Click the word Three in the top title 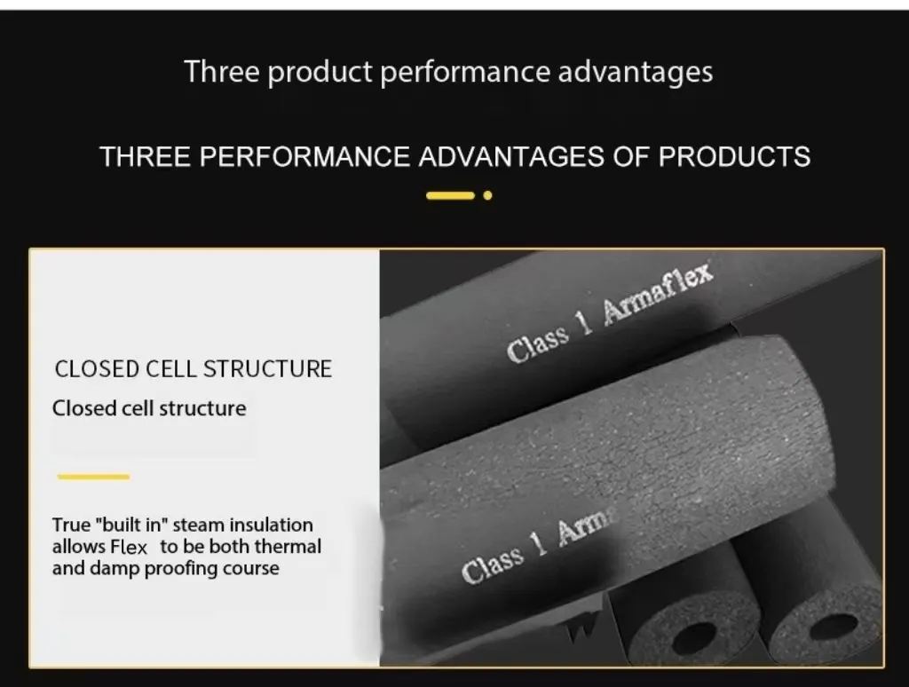coord(221,71)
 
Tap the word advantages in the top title coord(635,72)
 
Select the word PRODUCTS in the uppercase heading coord(734,156)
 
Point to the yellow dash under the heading coord(450,195)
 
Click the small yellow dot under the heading coord(487,195)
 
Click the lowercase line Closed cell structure coord(149,408)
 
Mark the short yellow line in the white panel coord(93,477)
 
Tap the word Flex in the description coord(130,547)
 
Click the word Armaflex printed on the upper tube coord(658,294)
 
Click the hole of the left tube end coord(694,638)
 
